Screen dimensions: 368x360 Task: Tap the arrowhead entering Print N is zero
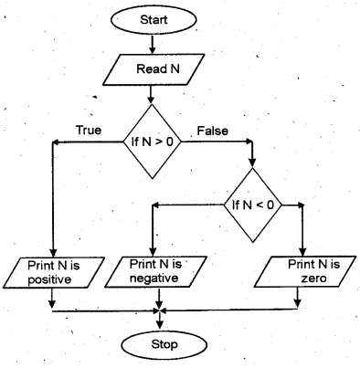302,253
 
